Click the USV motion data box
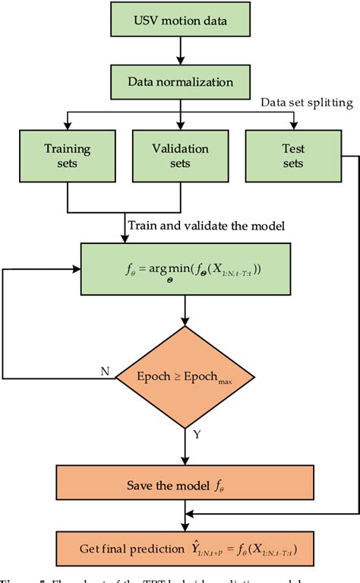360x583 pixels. pyautogui.click(x=180, y=21)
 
